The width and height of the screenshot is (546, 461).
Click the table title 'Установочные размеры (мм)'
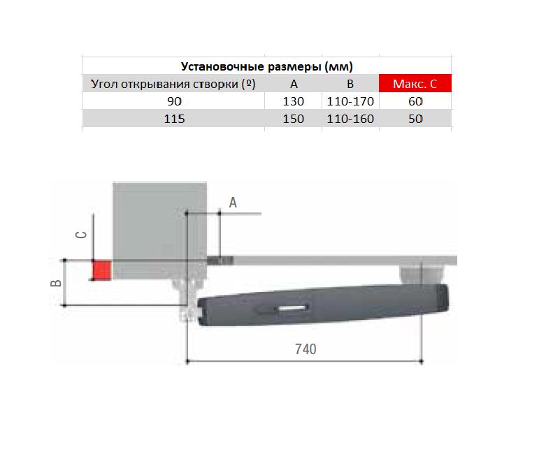tap(267, 66)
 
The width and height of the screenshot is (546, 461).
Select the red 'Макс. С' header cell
tap(415, 84)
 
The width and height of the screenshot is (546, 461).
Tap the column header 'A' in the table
tap(294, 84)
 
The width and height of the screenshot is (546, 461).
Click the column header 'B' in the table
tap(350, 84)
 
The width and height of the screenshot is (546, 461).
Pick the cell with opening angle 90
tap(175, 101)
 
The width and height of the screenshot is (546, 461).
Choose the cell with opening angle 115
tap(174, 119)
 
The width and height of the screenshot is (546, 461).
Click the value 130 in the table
tap(293, 101)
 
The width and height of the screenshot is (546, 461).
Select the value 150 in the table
tap(293, 119)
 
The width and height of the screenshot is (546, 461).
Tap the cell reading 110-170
tap(350, 101)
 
